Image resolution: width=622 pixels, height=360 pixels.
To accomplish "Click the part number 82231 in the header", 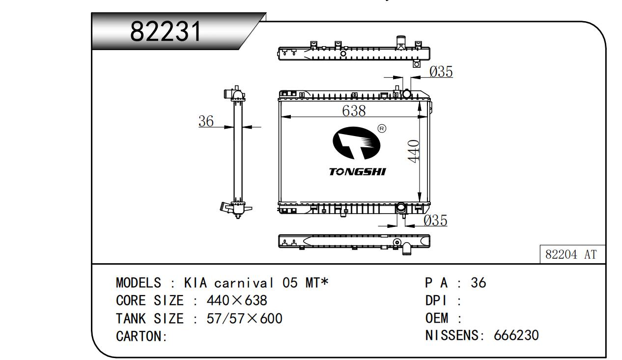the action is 166,31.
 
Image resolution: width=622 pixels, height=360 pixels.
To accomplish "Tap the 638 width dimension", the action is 354,111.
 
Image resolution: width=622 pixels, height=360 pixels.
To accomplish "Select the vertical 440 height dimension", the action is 414,151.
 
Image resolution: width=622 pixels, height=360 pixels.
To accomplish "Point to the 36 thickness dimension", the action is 206,121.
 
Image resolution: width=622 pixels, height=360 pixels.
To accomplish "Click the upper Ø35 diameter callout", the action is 441,72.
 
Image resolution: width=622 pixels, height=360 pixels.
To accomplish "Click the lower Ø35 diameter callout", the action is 435,221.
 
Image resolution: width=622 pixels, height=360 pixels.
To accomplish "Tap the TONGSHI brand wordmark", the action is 357,172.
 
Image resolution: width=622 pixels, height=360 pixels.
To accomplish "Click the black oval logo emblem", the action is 356,143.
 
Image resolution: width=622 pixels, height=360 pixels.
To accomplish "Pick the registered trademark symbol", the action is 382,129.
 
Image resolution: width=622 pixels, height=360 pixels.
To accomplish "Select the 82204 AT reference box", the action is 572,254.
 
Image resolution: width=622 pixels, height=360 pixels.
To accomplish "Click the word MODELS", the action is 138,283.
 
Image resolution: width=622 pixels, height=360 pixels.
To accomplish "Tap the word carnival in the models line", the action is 244,283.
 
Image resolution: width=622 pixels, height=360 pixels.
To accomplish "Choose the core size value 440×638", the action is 237,300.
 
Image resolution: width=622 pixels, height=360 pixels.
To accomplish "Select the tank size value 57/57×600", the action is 244,318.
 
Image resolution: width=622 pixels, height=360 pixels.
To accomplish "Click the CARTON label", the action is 141,336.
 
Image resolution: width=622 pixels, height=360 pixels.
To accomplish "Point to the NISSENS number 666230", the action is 516,335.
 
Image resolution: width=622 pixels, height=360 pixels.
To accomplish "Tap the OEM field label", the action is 437,318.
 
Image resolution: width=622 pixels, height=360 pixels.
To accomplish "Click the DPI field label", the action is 436,301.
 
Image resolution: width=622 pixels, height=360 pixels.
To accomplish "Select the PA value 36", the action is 478,283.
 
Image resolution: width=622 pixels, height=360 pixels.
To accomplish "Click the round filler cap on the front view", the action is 406,93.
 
